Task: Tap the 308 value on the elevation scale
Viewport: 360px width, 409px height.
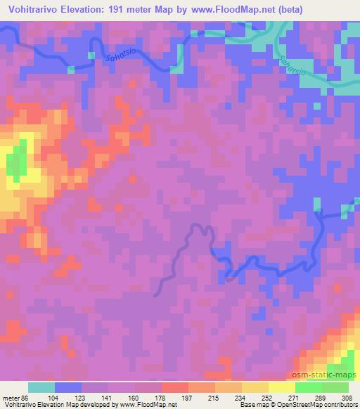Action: [347, 398]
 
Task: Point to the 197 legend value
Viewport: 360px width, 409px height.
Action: [187, 398]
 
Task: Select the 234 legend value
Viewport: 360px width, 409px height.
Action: [240, 398]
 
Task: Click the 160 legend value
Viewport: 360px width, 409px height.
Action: [134, 398]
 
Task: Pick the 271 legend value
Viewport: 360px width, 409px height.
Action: [293, 398]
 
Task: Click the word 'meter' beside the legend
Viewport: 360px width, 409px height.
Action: [12, 398]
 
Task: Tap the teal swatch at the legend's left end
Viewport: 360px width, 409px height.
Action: [41, 387]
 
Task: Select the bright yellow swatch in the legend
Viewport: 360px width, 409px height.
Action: [281, 387]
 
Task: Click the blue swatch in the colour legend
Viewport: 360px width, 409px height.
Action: [68, 387]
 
